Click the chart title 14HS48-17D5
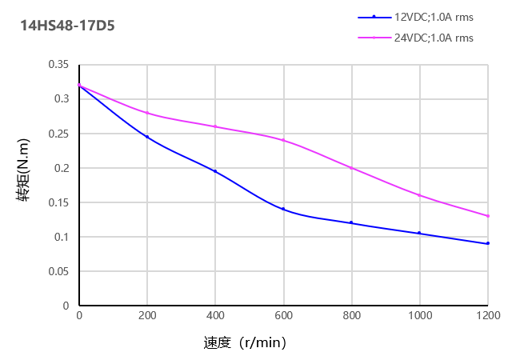pyautogui.click(x=67, y=26)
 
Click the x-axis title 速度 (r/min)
pyautogui.click(x=245, y=343)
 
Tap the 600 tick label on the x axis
pyautogui.click(x=283, y=316)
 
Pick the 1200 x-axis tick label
pyautogui.click(x=487, y=316)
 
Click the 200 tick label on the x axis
pyautogui.click(x=147, y=316)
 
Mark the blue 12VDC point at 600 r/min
pyautogui.click(x=283, y=209)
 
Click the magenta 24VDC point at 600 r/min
pyautogui.click(x=283, y=140)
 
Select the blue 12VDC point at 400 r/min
pyautogui.click(x=215, y=171)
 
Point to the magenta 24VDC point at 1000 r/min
pyautogui.click(x=419, y=195)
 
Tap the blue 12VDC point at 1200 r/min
pyautogui.click(x=487, y=243)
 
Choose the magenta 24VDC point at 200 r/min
pyautogui.click(x=147, y=113)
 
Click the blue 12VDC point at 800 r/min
pyautogui.click(x=351, y=222)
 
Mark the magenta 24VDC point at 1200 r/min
pyautogui.click(x=487, y=216)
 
